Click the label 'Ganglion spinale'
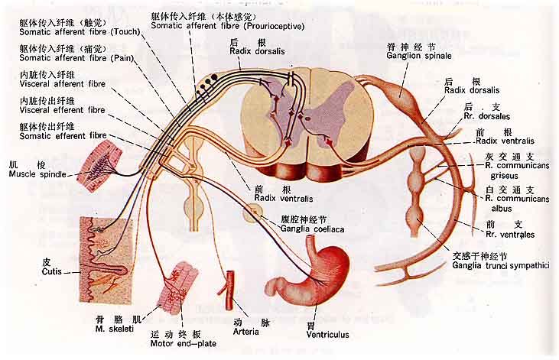click(419, 56)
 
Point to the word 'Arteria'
click(248, 332)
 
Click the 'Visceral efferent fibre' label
click(62, 110)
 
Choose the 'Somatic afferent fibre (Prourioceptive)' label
click(228, 26)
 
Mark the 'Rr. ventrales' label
click(509, 234)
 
